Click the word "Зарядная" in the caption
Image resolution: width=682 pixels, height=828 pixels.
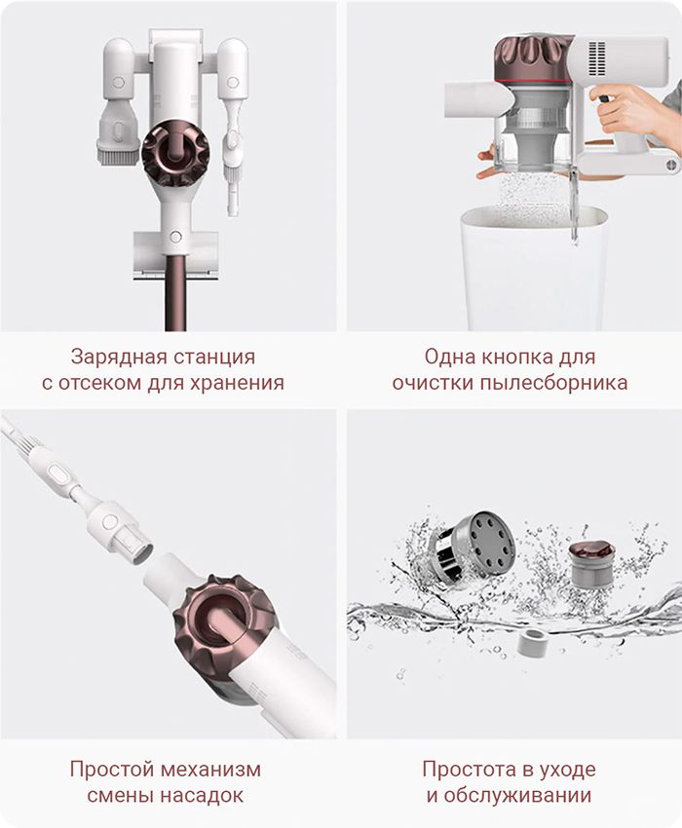click(x=111, y=357)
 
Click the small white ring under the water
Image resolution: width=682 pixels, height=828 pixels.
click(x=530, y=642)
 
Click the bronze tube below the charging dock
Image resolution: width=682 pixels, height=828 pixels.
click(x=176, y=292)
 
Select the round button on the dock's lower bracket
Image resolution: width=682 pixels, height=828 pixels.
click(x=175, y=236)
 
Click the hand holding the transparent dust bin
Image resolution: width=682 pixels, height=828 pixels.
click(x=487, y=162)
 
